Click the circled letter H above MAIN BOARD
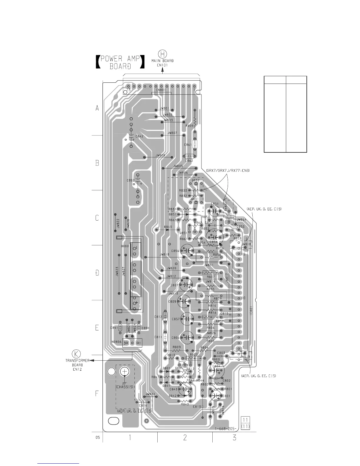pyautogui.click(x=162, y=54)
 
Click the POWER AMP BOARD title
pyautogui.click(x=120, y=62)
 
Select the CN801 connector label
pyautogui.click(x=161, y=90)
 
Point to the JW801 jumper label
pyautogui.click(x=164, y=108)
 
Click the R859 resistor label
pyautogui.click(x=189, y=126)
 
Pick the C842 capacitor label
pyautogui.click(x=139, y=137)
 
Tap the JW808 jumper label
pyautogui.click(x=160, y=155)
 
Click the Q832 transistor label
pyautogui.click(x=196, y=180)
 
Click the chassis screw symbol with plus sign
pyautogui.click(x=125, y=372)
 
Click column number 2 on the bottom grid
pyautogui.click(x=185, y=437)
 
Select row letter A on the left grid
pyautogui.click(x=97, y=108)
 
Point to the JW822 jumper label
pyautogui.click(x=118, y=224)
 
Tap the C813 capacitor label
pyautogui.click(x=197, y=407)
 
